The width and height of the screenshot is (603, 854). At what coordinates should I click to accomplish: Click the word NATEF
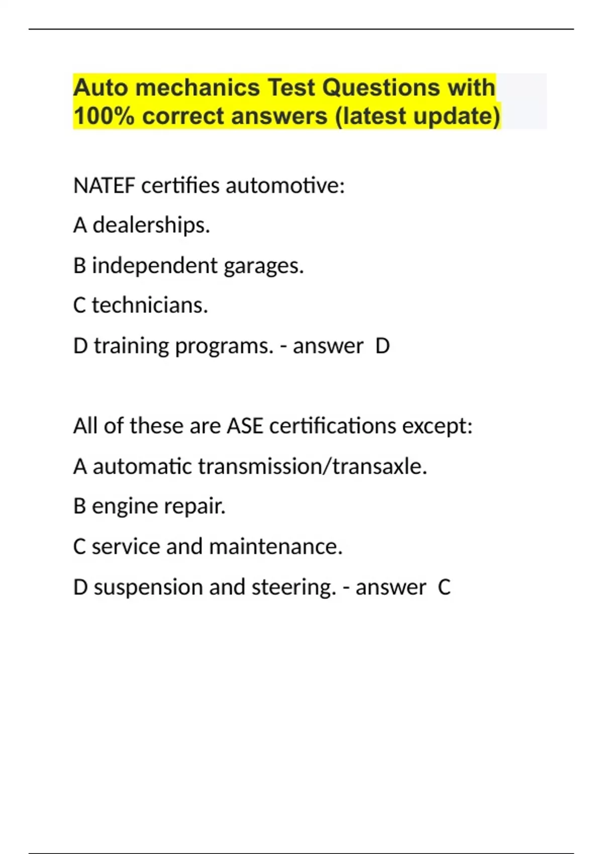coord(104,186)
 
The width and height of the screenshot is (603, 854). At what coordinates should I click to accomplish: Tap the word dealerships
coord(151,225)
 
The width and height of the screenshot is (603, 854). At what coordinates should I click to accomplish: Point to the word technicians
coord(149,305)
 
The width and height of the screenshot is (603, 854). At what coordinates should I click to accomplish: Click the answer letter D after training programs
coord(383,346)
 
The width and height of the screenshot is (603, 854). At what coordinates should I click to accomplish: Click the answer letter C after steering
coord(444,587)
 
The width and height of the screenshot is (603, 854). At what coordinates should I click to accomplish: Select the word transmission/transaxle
coord(312,466)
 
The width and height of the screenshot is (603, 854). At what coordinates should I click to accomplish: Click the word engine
coord(118,506)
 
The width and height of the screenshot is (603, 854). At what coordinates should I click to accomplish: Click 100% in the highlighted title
coord(104,116)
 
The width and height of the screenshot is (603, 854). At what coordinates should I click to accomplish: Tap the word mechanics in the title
coord(197,87)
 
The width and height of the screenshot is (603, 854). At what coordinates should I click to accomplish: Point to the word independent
coord(155,265)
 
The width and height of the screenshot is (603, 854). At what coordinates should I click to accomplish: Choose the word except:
coord(437,426)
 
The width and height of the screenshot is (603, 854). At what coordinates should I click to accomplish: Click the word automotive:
coord(285,186)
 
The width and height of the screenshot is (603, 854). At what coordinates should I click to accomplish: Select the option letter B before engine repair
coord(79,506)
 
